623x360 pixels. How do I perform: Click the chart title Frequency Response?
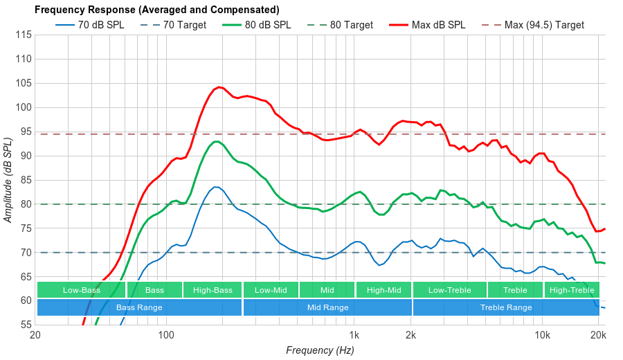click(156, 10)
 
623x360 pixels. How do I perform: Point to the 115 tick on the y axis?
click(24, 35)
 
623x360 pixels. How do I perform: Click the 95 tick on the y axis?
click(24, 132)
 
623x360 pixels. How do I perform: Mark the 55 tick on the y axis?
click(24, 325)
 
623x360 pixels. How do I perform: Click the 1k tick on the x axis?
click(354, 335)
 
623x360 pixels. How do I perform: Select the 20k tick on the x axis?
click(598, 335)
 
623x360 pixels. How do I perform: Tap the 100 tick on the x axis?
click(166, 335)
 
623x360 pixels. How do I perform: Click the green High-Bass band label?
click(213, 290)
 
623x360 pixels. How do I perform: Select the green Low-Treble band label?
click(449, 290)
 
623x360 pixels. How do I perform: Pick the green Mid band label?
click(327, 290)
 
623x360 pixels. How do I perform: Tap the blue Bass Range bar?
click(139, 307)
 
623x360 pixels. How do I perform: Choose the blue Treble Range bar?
click(506, 307)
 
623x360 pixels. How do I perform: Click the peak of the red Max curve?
click(219, 87)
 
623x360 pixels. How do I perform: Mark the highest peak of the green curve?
click(217, 141)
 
